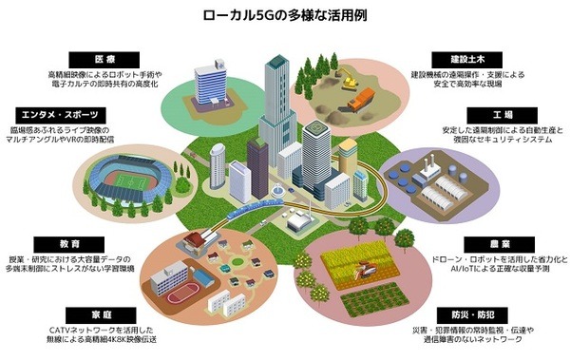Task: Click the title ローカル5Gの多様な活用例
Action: point(285,16)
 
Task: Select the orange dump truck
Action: point(360,98)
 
